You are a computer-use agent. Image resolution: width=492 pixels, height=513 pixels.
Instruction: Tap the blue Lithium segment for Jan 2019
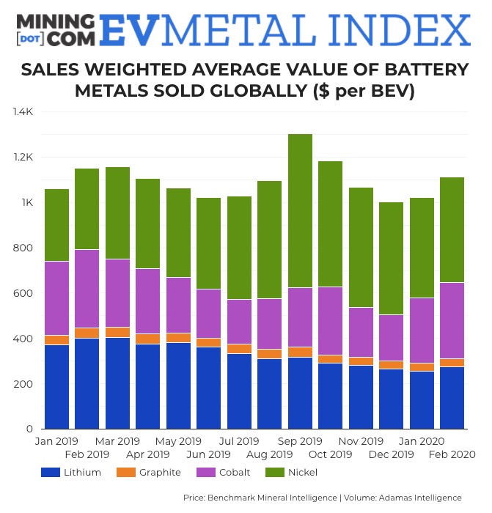pyautogui.click(x=56, y=386)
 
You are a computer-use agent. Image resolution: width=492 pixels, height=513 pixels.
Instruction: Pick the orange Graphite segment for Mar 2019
pyautogui.click(x=117, y=332)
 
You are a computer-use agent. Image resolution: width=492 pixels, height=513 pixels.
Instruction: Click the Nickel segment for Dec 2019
pyautogui.click(x=391, y=259)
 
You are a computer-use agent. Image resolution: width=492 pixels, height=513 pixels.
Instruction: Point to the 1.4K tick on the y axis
pyautogui.click(x=22, y=111)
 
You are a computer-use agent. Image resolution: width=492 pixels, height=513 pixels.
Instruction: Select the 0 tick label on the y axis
pyautogui.click(x=30, y=429)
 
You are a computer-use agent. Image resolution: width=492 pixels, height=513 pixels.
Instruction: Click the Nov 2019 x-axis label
pyautogui.click(x=360, y=441)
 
